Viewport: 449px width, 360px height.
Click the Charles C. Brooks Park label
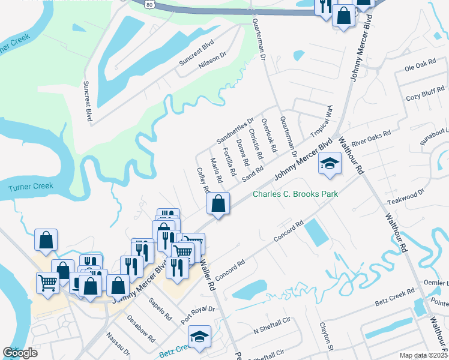coord(295,194)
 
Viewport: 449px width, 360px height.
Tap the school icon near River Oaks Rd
coord(330,164)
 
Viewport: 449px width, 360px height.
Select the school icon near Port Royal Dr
coord(200,337)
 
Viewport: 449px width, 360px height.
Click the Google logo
coord(20,353)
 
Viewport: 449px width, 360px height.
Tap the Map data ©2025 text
coord(423,355)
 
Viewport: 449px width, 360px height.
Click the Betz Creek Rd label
coord(394,298)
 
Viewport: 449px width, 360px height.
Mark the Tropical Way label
coord(322,122)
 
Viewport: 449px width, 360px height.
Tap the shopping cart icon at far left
coord(47,282)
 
